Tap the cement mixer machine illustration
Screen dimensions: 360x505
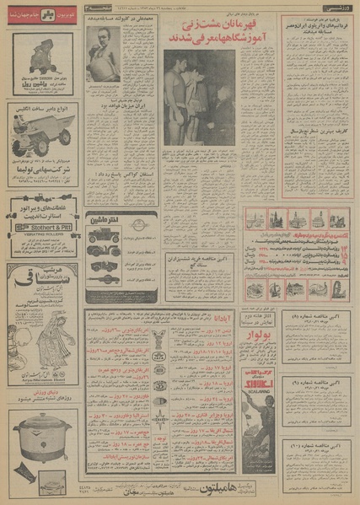[40, 60]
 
